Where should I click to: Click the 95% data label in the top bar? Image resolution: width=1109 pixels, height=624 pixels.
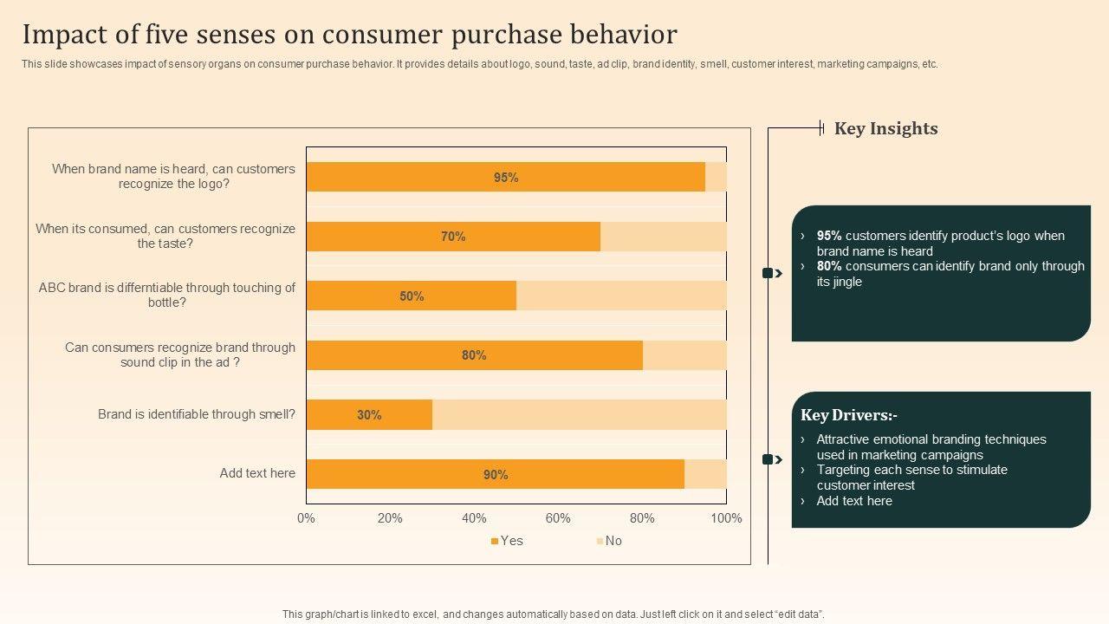(x=506, y=178)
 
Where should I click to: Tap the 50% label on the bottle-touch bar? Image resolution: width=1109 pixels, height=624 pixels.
(x=412, y=296)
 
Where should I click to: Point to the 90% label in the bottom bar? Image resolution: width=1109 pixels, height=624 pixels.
(x=496, y=475)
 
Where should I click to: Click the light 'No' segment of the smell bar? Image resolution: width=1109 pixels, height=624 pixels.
(x=579, y=415)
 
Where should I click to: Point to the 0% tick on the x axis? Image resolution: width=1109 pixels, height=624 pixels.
(x=306, y=518)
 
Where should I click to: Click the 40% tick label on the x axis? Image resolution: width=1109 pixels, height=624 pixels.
(x=474, y=518)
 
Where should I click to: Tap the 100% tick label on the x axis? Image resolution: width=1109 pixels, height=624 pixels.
(x=726, y=518)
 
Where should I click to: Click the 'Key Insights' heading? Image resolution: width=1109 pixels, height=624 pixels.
(x=885, y=129)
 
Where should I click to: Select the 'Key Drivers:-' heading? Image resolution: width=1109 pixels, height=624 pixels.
(x=849, y=415)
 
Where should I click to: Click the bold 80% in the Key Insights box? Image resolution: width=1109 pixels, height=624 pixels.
(x=829, y=266)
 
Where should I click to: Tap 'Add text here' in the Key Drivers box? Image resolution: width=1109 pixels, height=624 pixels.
(x=853, y=501)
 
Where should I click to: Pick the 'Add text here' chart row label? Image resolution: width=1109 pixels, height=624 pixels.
(x=257, y=473)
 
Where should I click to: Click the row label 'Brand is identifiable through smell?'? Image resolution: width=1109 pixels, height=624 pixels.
(x=196, y=414)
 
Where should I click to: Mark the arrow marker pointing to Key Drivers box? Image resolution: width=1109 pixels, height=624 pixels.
(x=772, y=459)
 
